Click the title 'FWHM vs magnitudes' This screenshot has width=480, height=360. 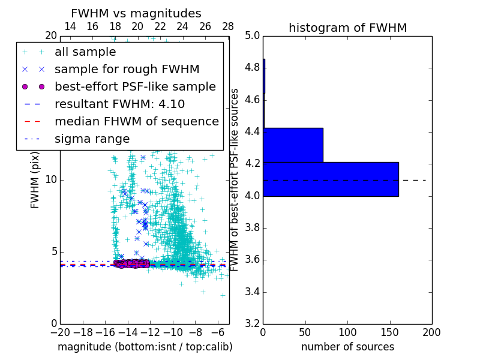pyautogui.click(x=136, y=13)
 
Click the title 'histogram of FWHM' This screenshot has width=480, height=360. pyautogui.click(x=347, y=28)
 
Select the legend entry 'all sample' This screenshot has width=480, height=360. pyautogui.click(x=85, y=52)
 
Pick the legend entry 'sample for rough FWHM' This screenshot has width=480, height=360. pyautogui.click(x=127, y=70)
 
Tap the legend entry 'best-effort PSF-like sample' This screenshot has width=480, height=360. pyautogui.click(x=135, y=86)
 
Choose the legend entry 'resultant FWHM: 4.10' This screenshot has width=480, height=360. pyautogui.click(x=119, y=104)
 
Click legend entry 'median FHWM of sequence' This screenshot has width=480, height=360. pyautogui.click(x=136, y=121)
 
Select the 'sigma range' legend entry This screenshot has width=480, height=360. pyautogui.click(x=92, y=139)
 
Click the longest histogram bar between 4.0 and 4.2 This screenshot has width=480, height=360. pyautogui.click(x=331, y=179)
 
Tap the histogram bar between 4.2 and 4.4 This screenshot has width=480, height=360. pyautogui.click(x=293, y=145)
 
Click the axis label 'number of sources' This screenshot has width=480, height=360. pyautogui.click(x=347, y=347)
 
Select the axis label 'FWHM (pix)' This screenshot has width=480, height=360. pyautogui.click(x=35, y=179)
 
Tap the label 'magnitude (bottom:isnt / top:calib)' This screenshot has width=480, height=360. pyautogui.click(x=145, y=347)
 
